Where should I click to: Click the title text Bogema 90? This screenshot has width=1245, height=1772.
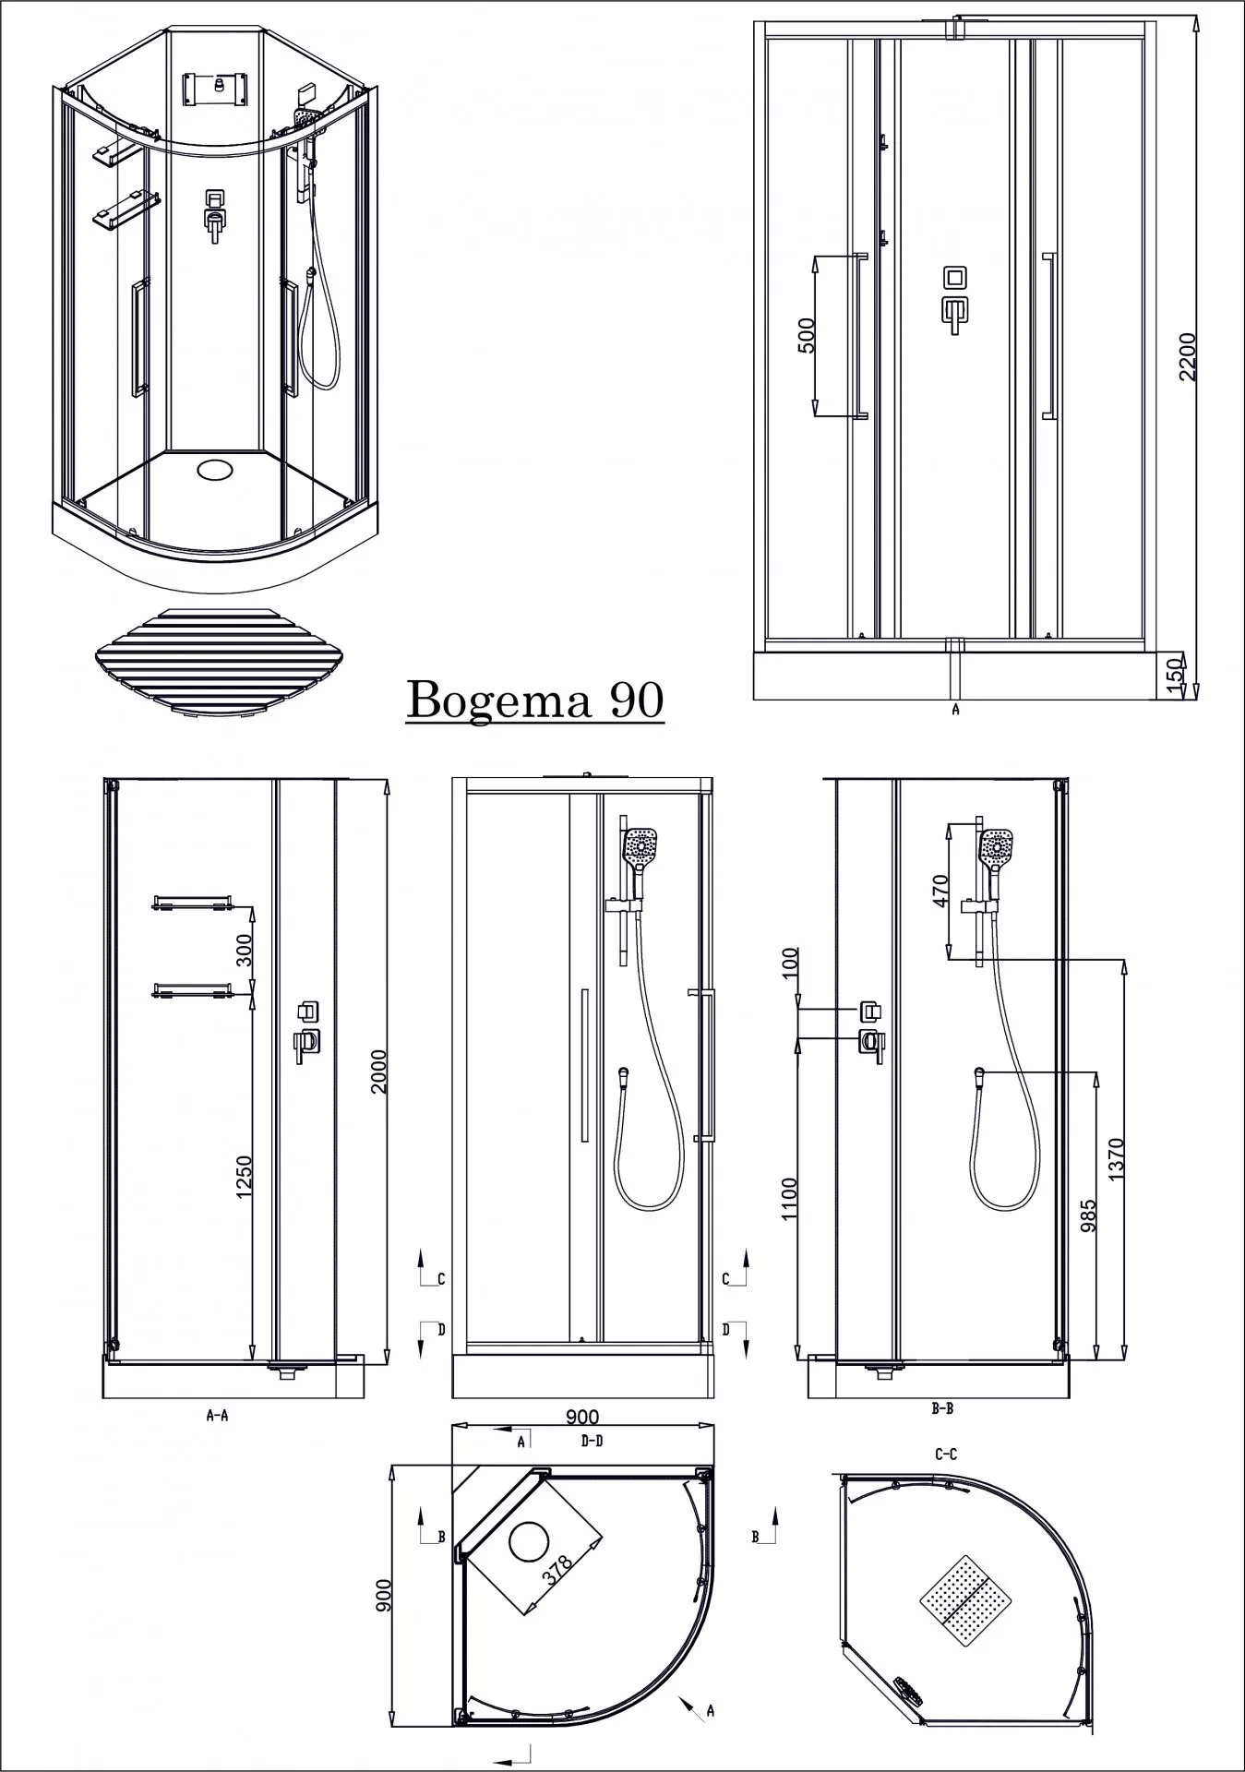[x=535, y=700]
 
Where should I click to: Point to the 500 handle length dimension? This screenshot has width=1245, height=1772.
[x=805, y=336]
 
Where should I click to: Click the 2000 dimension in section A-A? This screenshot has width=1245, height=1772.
[x=377, y=1071]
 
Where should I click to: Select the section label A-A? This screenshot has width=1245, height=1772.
[x=217, y=1414]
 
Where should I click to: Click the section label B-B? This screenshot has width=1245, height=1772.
[x=942, y=1409]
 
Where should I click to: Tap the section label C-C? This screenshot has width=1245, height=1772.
[x=945, y=1455]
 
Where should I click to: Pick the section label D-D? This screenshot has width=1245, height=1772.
[x=592, y=1441]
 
